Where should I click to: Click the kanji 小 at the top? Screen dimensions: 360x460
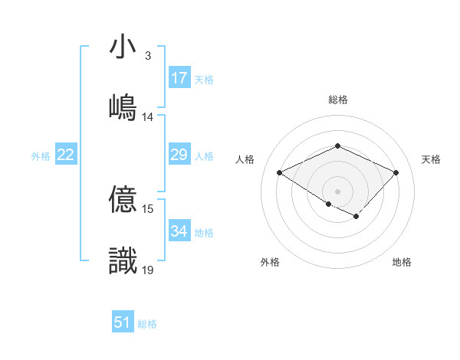[x=123, y=47]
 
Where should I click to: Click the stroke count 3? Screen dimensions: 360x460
[x=147, y=56]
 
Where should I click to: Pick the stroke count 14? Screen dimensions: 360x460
[x=148, y=117]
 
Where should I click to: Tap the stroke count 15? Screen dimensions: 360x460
[x=148, y=208]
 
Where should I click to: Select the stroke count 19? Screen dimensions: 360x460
[x=148, y=269]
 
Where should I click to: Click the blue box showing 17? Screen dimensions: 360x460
[x=179, y=78]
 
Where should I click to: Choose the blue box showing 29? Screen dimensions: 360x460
[x=179, y=155]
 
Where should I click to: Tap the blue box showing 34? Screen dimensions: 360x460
[x=179, y=231]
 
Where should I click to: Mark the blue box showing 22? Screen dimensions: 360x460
[x=66, y=155]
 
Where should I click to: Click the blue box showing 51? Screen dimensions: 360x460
[x=123, y=322]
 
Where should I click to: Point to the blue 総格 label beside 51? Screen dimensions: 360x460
[x=147, y=324]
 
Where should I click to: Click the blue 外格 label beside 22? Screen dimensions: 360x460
[x=41, y=156]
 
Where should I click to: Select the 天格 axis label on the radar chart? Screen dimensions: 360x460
[x=432, y=159]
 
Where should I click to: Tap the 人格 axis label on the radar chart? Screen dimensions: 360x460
[x=245, y=159]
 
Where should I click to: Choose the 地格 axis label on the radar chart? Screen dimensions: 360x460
[x=402, y=262]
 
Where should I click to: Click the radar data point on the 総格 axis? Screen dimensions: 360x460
[x=337, y=146]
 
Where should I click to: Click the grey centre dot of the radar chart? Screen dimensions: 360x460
[x=337, y=190]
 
